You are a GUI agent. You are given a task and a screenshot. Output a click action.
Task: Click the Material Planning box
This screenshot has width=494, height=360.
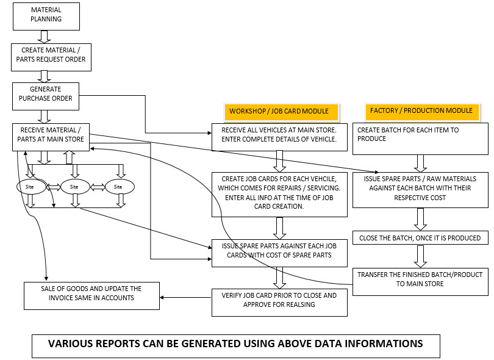(x=46, y=16)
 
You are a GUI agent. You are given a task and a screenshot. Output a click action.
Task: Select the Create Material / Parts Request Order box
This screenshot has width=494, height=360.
(x=51, y=57)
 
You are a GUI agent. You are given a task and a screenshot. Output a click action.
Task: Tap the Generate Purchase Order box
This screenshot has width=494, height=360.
(x=46, y=96)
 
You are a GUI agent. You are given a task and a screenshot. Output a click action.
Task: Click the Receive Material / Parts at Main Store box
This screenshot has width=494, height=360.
(x=51, y=137)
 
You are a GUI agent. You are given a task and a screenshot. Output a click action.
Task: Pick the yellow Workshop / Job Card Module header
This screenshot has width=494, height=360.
(x=281, y=111)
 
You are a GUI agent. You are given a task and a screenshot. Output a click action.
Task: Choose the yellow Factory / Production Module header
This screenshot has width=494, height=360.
(x=422, y=111)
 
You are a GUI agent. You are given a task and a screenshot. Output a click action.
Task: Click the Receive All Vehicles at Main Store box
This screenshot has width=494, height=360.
(x=279, y=137)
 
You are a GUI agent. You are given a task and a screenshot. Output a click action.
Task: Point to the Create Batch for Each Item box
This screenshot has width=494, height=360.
(x=420, y=139)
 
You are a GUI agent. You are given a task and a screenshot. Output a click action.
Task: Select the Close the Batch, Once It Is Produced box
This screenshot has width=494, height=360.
(x=420, y=238)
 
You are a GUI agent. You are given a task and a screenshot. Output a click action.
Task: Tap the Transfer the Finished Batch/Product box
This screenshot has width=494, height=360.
(x=420, y=282)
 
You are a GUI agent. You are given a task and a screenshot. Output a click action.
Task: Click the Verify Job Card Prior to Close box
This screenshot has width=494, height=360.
(x=279, y=303)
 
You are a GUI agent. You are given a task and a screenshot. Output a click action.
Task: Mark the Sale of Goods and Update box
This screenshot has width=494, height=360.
(x=91, y=296)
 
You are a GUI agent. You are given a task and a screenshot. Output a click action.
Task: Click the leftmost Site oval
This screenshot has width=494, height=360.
(x=31, y=187)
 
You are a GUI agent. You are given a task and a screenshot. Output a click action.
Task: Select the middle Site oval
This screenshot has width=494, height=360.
(x=75, y=187)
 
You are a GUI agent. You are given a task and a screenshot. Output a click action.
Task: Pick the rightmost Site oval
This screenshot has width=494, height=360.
(x=120, y=187)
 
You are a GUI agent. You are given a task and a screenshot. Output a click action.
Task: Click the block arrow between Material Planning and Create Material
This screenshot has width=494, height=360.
(x=44, y=37)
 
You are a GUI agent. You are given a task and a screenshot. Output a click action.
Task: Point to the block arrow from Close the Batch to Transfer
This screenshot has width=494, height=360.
(x=420, y=256)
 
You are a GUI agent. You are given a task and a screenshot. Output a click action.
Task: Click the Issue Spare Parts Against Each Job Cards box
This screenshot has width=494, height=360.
(x=279, y=253)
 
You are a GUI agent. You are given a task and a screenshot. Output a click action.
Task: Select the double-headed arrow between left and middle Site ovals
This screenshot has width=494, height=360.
(x=54, y=187)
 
